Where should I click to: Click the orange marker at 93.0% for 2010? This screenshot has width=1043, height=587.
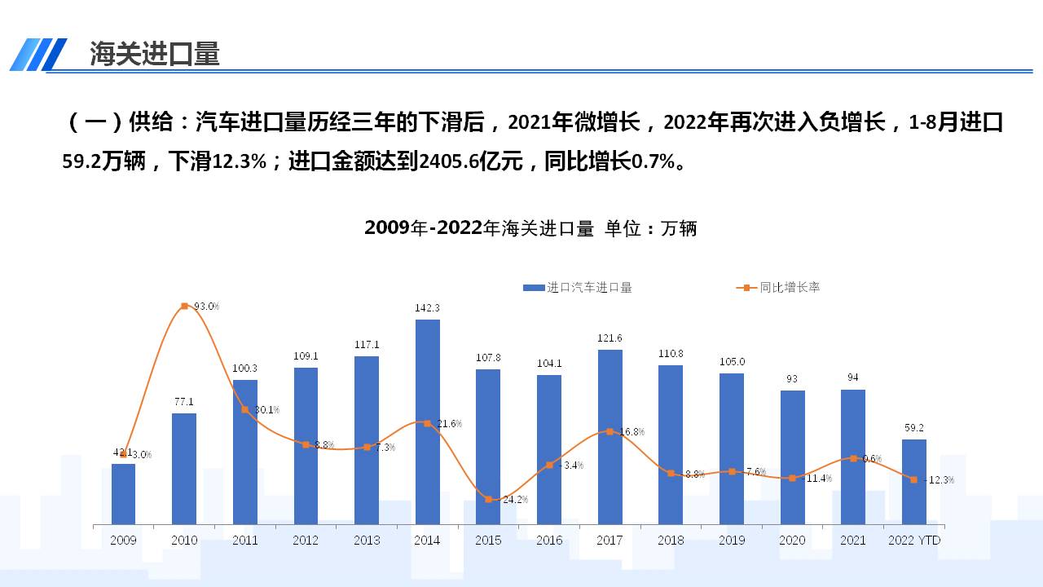(x=184, y=306)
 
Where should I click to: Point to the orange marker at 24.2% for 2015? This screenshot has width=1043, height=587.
(x=488, y=499)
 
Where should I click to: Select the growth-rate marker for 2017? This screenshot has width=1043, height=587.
(x=610, y=431)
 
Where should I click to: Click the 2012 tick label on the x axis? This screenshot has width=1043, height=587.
(x=306, y=541)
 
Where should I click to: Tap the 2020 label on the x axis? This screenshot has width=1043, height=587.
(x=792, y=541)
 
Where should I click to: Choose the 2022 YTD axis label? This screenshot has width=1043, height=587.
(x=913, y=541)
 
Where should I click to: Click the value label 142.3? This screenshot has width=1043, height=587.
(x=427, y=308)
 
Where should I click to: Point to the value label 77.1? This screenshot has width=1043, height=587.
(x=184, y=402)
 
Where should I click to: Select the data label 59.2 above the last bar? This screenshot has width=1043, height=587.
(x=913, y=428)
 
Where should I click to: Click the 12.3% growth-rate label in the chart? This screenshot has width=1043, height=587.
(x=940, y=480)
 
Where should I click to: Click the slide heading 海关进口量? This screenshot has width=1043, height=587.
(x=155, y=54)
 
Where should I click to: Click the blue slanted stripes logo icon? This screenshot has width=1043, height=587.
(x=38, y=55)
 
